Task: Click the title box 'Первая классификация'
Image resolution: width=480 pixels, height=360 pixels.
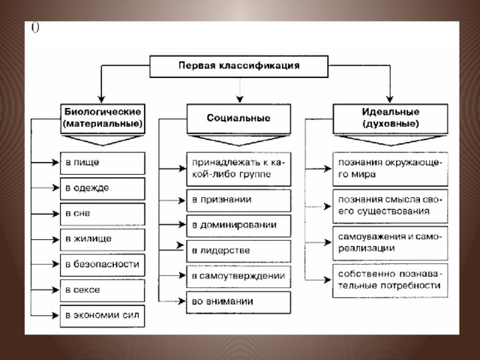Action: tap(238, 66)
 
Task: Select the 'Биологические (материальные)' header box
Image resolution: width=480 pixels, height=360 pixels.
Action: tap(103, 118)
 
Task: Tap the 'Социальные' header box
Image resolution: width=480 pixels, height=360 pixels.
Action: tap(238, 118)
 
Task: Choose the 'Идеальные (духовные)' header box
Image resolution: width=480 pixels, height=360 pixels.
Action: tap(390, 118)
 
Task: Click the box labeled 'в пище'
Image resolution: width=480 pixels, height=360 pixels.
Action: tap(103, 163)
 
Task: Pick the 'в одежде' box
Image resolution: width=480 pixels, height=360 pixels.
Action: tap(103, 188)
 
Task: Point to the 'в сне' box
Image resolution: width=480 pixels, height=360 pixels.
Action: tap(103, 214)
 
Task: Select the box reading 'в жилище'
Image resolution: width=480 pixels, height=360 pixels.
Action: tap(103, 239)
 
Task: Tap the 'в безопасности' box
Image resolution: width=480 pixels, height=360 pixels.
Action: tap(103, 265)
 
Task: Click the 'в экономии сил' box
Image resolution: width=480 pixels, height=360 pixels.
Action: tap(103, 316)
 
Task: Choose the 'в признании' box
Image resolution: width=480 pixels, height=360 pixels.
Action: tap(238, 200)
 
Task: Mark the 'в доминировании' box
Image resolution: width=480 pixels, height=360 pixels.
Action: tap(238, 226)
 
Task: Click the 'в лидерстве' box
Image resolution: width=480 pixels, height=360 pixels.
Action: tap(238, 251)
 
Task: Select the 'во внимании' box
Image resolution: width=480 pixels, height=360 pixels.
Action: tap(238, 302)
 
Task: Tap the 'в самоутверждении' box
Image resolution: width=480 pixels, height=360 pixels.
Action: tap(238, 277)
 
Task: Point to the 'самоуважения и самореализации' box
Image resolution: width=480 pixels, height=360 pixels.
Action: tap(390, 243)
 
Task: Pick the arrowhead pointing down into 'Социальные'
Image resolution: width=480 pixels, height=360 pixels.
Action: tap(240, 99)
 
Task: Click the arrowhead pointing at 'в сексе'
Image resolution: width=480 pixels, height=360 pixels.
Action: tap(55, 290)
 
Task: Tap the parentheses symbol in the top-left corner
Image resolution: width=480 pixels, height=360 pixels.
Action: tap(35, 28)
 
